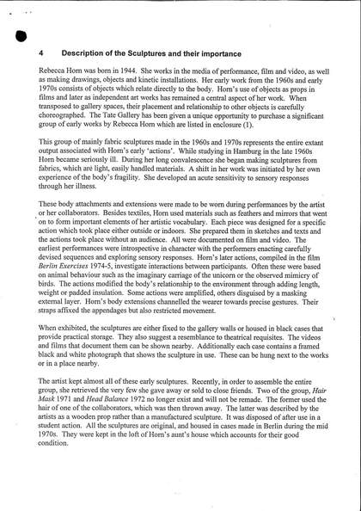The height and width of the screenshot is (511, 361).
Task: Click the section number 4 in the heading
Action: click(41, 52)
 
